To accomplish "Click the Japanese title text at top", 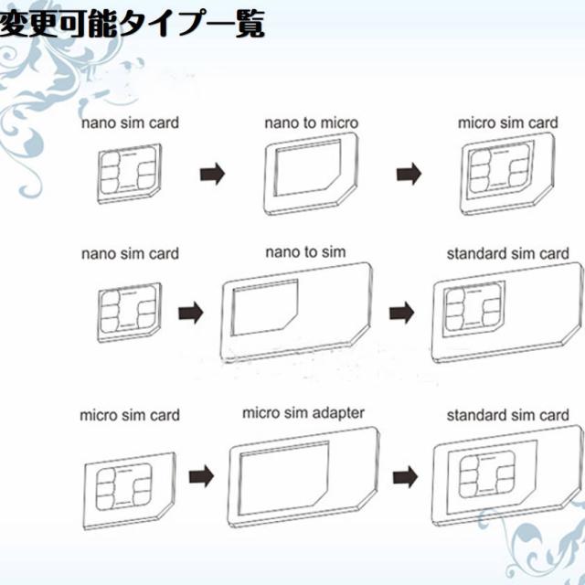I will (133, 25).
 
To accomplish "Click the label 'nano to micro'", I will (312, 122).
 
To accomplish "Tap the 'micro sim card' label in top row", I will (508, 122).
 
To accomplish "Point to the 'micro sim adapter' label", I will (303, 413).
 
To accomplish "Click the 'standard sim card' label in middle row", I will (508, 252).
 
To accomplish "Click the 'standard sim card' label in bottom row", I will (508, 417).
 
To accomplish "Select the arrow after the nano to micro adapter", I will (413, 174).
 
